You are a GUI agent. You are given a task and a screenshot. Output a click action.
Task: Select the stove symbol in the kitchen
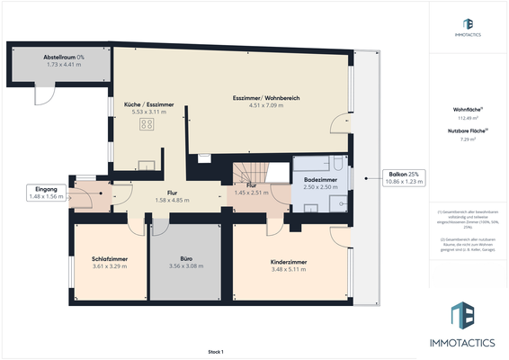[x=146, y=125]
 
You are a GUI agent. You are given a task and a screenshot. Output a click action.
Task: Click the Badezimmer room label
[x=320, y=179]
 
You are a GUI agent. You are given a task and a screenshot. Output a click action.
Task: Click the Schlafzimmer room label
[x=111, y=258]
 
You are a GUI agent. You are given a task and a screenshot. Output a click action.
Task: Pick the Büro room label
[x=186, y=258]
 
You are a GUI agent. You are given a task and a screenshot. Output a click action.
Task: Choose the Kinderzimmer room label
[x=289, y=262]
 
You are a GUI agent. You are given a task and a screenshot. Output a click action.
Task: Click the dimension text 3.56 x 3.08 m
[x=186, y=266]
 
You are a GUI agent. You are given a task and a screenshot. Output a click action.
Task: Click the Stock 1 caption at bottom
[x=215, y=351]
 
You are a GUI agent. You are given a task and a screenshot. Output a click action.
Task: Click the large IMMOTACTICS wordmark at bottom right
[x=468, y=343]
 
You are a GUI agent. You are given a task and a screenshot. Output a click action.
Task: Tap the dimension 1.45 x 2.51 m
[x=252, y=193]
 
